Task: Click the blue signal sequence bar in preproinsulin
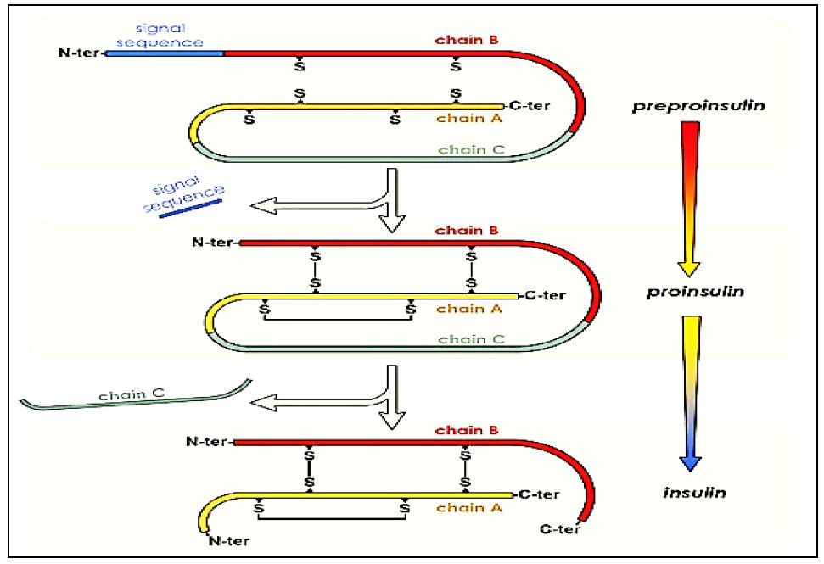pos(165,53)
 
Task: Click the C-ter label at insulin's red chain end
pos(559,530)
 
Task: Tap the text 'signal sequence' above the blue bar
pos(172,35)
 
